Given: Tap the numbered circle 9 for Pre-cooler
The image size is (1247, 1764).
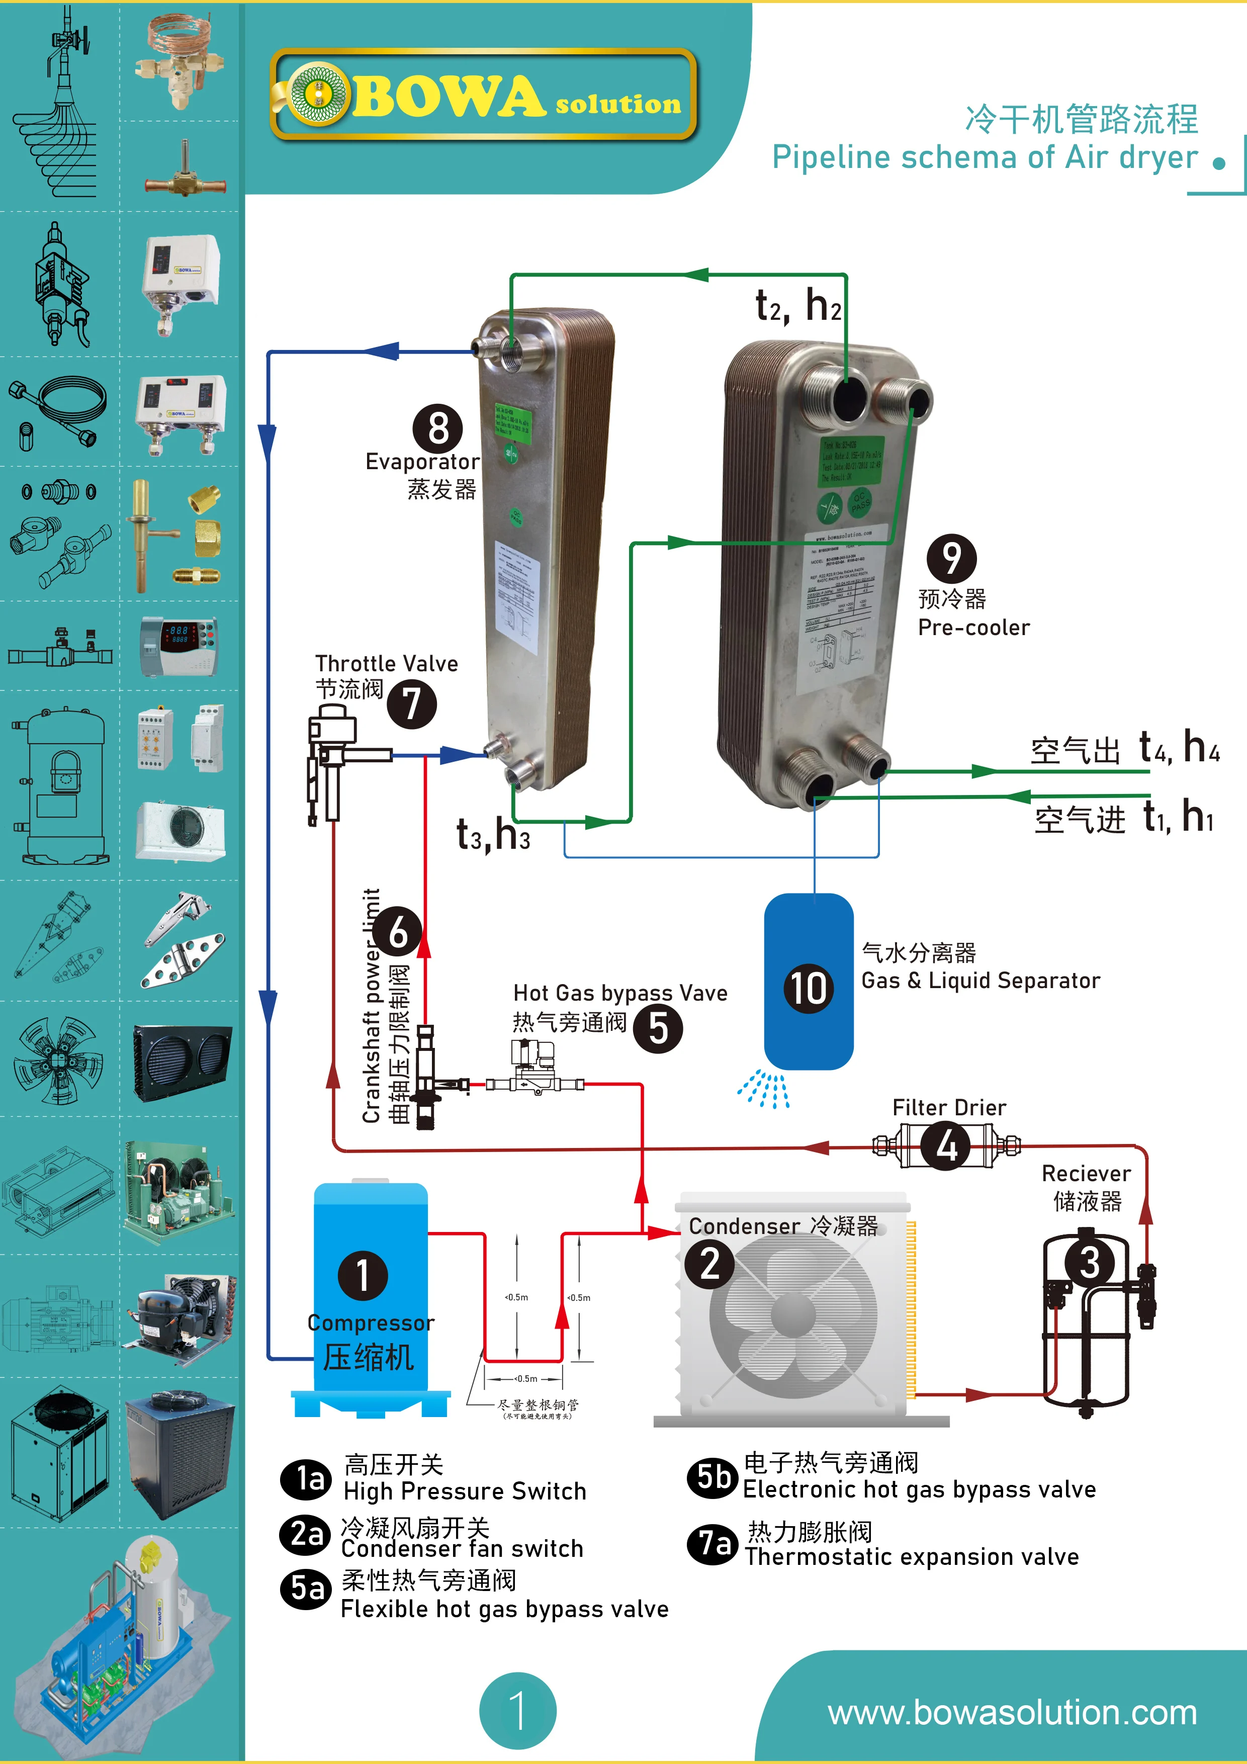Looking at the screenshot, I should click(951, 559).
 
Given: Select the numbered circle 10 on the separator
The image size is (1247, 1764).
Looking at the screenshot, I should click(808, 988).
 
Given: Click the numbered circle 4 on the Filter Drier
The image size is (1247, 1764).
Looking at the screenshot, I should click(947, 1147).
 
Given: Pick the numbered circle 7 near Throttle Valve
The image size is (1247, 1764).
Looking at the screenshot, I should click(412, 704).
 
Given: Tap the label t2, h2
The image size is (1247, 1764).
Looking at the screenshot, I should click(798, 306).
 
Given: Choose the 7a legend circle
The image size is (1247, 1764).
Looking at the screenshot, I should click(712, 1544).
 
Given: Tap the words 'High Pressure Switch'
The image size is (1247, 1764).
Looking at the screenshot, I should click(465, 1491).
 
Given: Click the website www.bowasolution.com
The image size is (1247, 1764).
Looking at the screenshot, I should click(1012, 1713).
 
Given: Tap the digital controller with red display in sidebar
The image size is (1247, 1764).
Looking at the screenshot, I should click(179, 645).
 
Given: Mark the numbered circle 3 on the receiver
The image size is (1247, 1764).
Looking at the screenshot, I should click(1089, 1262).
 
